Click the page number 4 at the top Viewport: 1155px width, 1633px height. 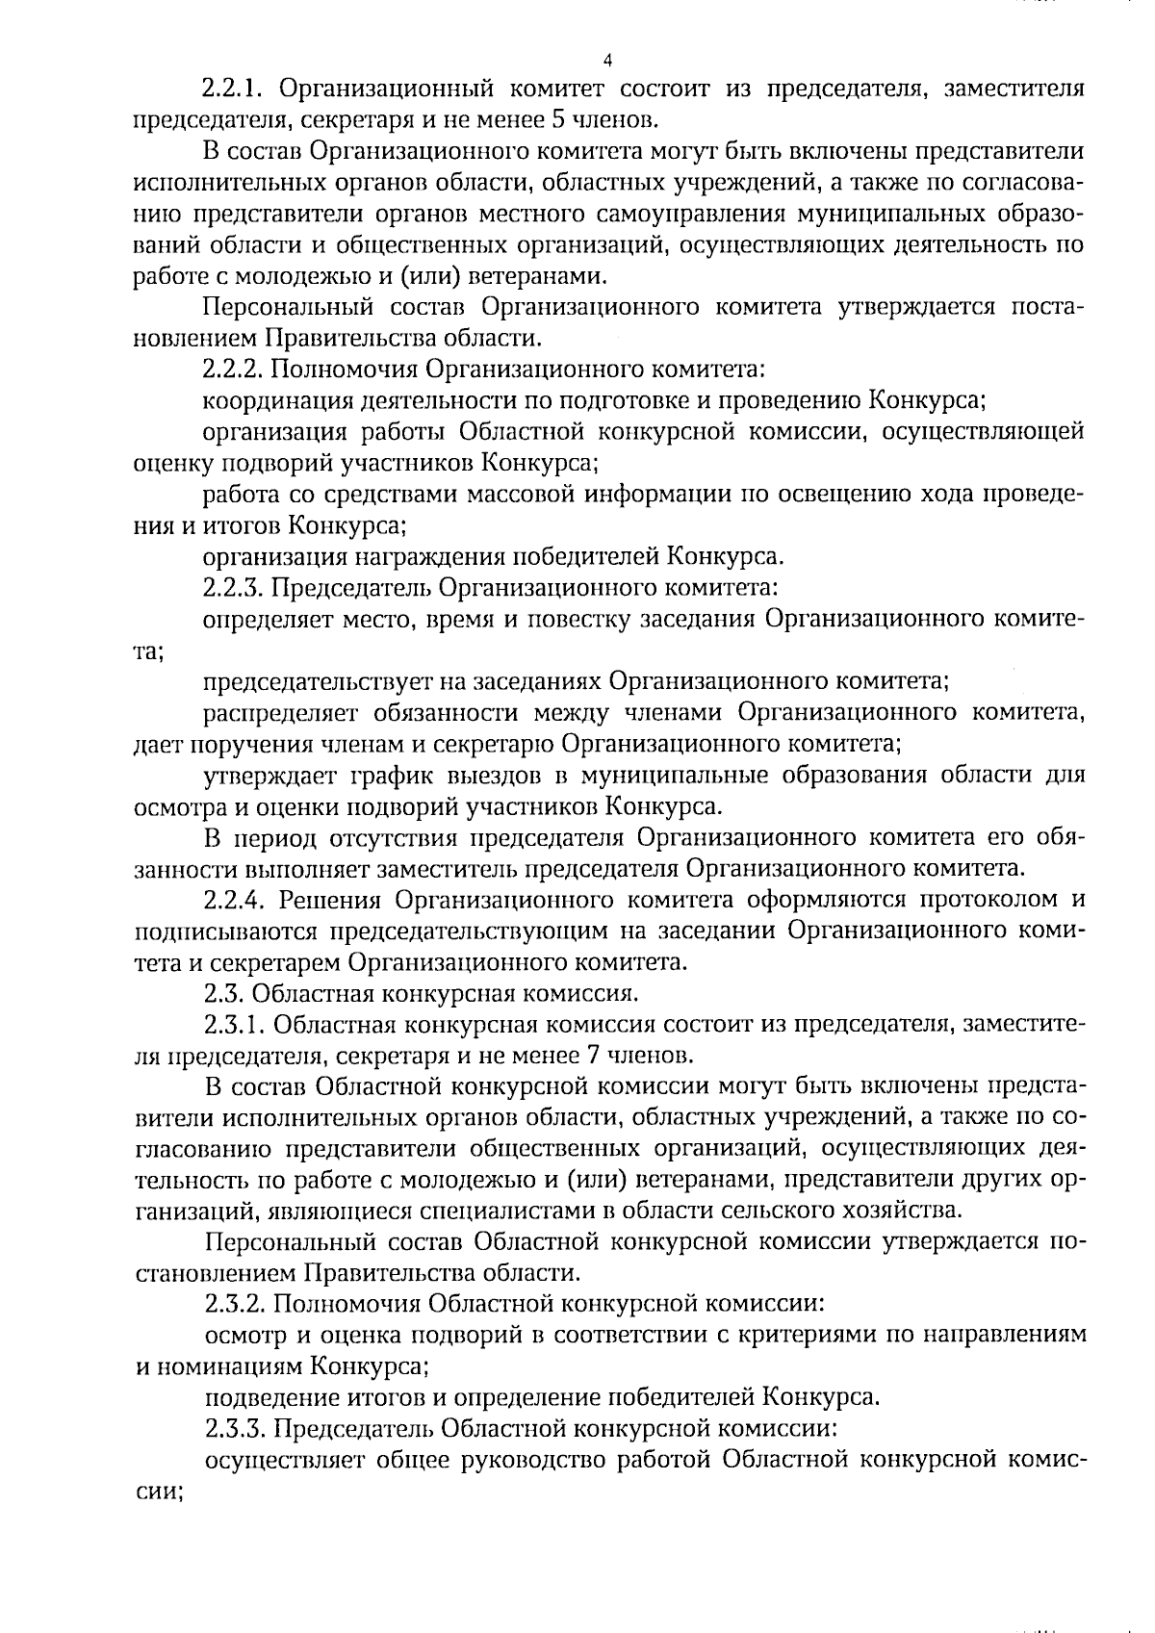coord(606,61)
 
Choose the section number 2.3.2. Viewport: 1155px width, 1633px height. coord(235,1305)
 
